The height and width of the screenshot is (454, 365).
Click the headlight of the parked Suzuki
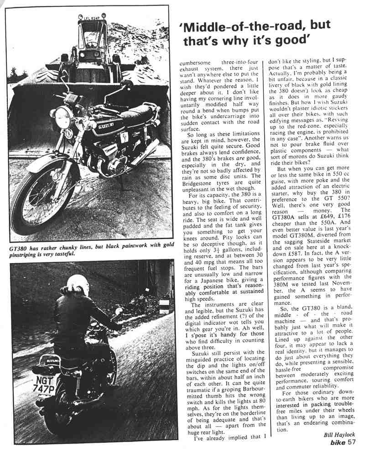tap(63, 117)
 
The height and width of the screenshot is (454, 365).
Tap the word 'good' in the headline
tap(290, 41)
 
